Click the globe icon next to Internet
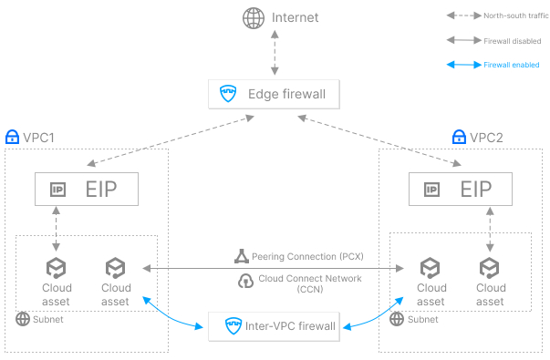click(x=252, y=17)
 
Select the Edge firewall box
click(x=274, y=94)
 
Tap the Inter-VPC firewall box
click(x=274, y=325)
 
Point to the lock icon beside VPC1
click(x=12, y=138)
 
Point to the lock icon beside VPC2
click(x=460, y=138)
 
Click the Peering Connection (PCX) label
click(x=292, y=256)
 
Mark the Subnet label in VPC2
click(x=420, y=320)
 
